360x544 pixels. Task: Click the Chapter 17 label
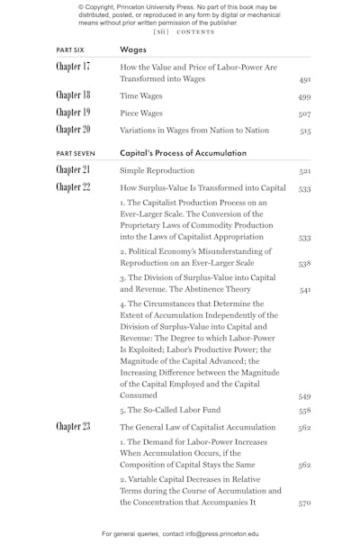tap(73, 68)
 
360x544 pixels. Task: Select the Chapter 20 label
tap(73, 131)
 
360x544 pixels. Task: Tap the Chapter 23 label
tap(73, 427)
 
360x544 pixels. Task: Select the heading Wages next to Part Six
tap(133, 50)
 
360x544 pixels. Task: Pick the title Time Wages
tap(142, 95)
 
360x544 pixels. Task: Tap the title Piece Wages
tap(143, 113)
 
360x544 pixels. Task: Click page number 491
tap(305, 80)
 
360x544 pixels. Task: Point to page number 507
tap(305, 114)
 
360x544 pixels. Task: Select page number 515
tap(305, 131)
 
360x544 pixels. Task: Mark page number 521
tap(305, 171)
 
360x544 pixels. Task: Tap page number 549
tap(305, 395)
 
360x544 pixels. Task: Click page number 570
tap(305, 504)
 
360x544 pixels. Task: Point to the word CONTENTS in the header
tap(195, 31)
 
